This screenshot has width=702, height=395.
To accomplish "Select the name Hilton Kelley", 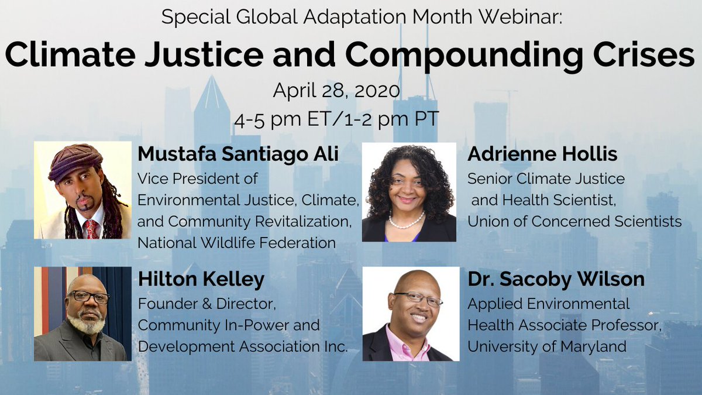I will coord(201,280).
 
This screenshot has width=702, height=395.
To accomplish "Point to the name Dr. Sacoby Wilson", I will coord(556,280).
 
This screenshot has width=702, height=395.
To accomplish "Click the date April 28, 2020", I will coord(336,91).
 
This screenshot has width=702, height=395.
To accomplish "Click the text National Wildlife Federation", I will coord(236,243).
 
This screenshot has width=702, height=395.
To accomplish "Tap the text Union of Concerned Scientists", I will coord(574,221).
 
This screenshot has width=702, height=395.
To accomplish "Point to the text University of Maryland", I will coord(547,346).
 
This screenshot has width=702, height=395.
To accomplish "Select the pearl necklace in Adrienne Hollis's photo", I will coord(407,222).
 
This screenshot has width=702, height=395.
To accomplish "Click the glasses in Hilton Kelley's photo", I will coord(89,297).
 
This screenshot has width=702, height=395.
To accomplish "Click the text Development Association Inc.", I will coord(243,346).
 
